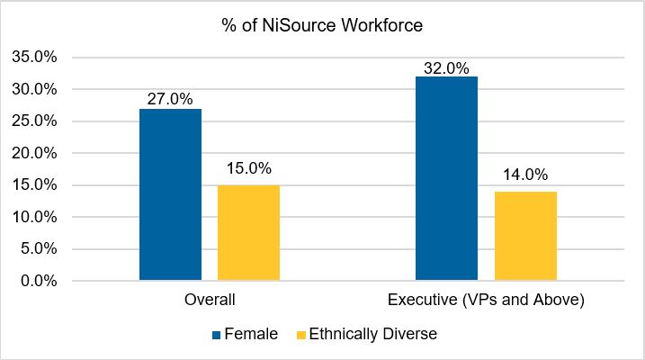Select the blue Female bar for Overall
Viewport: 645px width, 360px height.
coord(170,195)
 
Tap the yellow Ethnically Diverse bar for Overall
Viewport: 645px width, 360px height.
coord(248,233)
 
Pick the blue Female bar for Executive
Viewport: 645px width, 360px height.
coord(446,179)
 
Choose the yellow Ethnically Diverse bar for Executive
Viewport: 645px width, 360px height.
coord(524,236)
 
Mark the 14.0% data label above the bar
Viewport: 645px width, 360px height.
coord(524,175)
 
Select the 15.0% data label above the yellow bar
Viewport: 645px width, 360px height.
coord(248,168)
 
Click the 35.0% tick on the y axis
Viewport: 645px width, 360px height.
coord(35,57)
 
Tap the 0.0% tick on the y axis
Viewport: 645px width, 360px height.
coord(39,281)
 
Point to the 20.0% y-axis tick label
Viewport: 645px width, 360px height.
coord(35,153)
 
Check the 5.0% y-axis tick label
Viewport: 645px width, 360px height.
coord(39,249)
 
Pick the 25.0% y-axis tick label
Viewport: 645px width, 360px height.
coord(35,121)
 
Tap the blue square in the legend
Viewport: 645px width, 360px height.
coord(216,335)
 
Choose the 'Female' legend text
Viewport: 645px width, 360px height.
coord(251,334)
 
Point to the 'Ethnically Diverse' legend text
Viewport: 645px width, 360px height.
coord(373,334)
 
